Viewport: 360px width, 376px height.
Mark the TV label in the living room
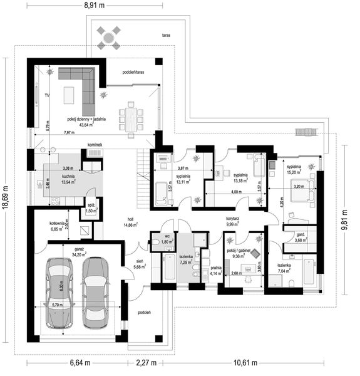pos(47,95)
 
